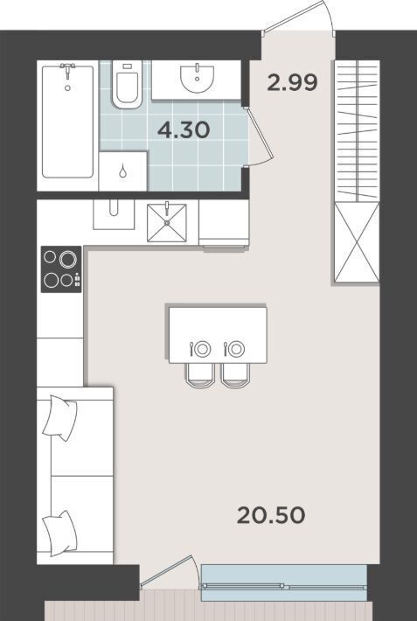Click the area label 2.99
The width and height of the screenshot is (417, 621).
[292, 83]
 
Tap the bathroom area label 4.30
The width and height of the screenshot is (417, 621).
[184, 130]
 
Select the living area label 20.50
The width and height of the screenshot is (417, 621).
[271, 515]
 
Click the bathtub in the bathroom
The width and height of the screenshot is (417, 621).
[67, 122]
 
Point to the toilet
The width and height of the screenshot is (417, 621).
[127, 85]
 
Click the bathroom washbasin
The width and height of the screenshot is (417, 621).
[197, 80]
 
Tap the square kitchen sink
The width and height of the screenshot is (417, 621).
[167, 223]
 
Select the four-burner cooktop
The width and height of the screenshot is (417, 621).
[61, 269]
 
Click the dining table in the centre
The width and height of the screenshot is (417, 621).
[218, 335]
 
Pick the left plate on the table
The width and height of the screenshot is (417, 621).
[203, 349]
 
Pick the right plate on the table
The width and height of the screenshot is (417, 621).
[236, 349]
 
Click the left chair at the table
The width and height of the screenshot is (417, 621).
[200, 375]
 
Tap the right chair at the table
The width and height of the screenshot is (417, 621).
[236, 375]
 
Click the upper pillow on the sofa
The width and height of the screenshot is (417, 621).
[60, 418]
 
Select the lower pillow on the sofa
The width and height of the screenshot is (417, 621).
[60, 534]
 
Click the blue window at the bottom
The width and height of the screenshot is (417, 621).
[283, 583]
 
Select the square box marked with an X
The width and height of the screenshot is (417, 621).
[357, 243]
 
